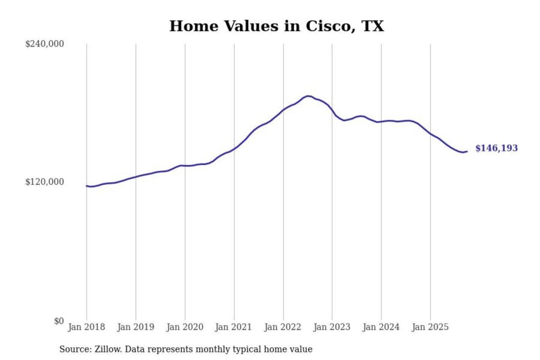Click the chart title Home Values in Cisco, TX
[x=277, y=26]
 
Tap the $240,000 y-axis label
[x=45, y=44]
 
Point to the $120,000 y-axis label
[x=45, y=182]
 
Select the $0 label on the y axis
[x=59, y=321]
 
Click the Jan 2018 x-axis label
[x=86, y=327]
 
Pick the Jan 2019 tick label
[x=135, y=327]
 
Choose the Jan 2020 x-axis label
[x=184, y=327]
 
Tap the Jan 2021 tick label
[x=233, y=327]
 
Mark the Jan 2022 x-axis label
[x=282, y=327]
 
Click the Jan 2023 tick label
[x=331, y=327]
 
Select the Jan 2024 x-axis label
[x=381, y=327]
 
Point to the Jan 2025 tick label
[x=430, y=327]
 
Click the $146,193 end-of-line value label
[x=496, y=148]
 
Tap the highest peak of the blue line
[x=308, y=96]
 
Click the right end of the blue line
[x=467, y=151]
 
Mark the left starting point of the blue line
[x=87, y=186]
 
